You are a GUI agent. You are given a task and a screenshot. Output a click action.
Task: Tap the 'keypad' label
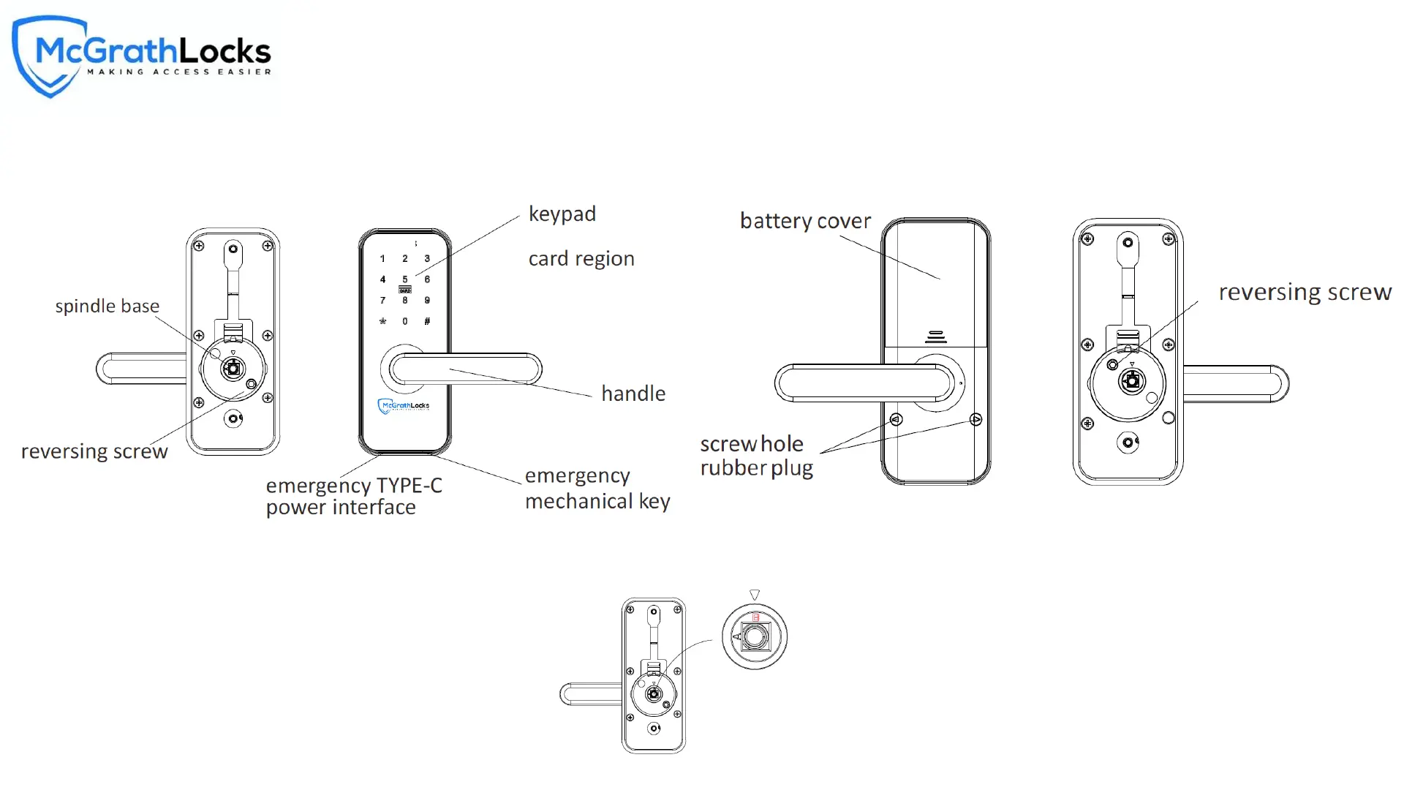pyautogui.click(x=562, y=214)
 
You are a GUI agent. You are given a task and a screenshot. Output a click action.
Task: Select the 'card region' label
pyautogui.click(x=581, y=258)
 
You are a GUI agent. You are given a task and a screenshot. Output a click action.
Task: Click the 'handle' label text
pyautogui.click(x=633, y=394)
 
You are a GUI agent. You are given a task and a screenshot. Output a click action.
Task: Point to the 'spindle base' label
pyautogui.click(x=107, y=306)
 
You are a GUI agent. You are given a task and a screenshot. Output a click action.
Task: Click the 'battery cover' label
pyautogui.click(x=805, y=221)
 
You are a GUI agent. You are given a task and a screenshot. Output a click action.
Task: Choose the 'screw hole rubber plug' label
pyautogui.click(x=756, y=456)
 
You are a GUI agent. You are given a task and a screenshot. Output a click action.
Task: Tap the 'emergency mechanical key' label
pyautogui.click(x=597, y=488)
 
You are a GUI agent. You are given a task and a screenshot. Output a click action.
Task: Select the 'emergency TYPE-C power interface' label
pyautogui.click(x=354, y=496)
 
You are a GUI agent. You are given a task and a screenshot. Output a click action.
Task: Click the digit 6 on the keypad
pyautogui.click(x=427, y=279)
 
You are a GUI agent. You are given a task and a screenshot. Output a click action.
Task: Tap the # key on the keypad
pyautogui.click(x=427, y=321)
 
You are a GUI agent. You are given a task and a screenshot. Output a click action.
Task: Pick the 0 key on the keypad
pyautogui.click(x=405, y=321)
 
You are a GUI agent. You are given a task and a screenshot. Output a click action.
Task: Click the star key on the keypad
pyautogui.click(x=382, y=321)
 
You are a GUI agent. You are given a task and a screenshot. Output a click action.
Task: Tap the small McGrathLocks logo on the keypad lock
pyautogui.click(x=404, y=406)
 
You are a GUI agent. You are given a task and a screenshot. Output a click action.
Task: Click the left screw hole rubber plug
pyautogui.click(x=896, y=420)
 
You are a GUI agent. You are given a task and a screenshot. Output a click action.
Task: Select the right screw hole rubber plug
pyautogui.click(x=975, y=419)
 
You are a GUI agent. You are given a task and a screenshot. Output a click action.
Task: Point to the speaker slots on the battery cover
pyautogui.click(x=936, y=337)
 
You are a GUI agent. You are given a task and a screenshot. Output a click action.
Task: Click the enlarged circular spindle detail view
pyautogui.click(x=755, y=636)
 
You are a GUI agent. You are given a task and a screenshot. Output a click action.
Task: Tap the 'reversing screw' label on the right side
pyautogui.click(x=1305, y=292)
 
